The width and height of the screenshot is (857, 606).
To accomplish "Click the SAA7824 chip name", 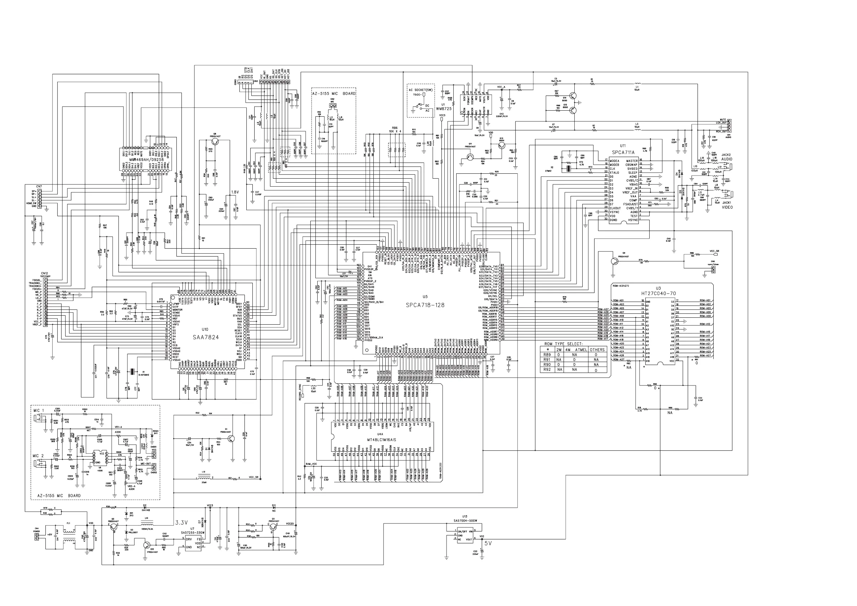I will [x=206, y=337].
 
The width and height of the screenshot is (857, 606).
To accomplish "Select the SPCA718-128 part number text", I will [x=425, y=305].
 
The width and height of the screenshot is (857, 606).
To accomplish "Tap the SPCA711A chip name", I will [x=623, y=152].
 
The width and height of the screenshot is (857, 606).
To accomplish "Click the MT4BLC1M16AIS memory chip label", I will [x=381, y=440].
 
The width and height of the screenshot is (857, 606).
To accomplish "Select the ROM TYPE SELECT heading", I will [x=563, y=344].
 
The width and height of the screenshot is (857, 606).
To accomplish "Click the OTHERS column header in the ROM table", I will [x=597, y=350].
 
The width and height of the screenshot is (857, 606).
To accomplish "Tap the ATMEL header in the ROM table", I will [x=581, y=350].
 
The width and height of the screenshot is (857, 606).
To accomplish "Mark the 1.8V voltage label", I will [x=235, y=192].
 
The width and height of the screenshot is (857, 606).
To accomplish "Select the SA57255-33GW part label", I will [x=192, y=533].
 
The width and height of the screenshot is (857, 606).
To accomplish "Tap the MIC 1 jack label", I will [x=39, y=411].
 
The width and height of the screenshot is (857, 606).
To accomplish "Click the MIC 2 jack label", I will [x=39, y=456].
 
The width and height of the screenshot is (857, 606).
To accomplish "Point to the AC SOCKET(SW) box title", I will [x=421, y=90].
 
